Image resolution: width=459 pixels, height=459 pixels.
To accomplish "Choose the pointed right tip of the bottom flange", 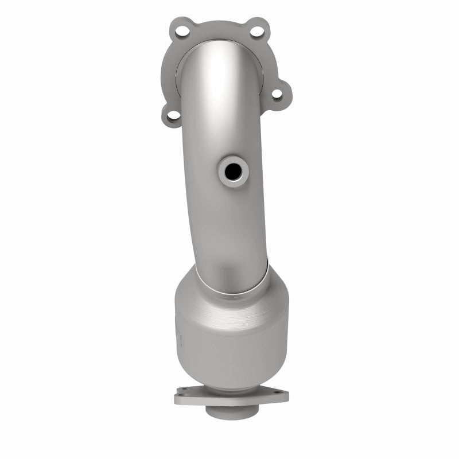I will (x=287, y=395).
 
